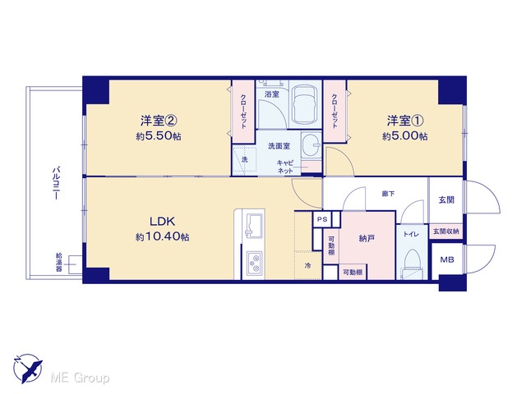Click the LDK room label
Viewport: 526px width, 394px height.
click(x=162, y=221)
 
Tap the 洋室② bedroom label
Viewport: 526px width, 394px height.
click(x=159, y=121)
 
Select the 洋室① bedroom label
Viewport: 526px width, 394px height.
click(x=405, y=121)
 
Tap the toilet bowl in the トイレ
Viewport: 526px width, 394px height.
click(x=412, y=263)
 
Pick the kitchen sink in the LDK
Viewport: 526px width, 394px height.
click(x=254, y=226)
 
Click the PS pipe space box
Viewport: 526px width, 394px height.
click(x=322, y=220)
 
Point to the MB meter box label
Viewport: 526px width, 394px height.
click(x=447, y=259)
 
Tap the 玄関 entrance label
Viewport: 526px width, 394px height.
click(x=446, y=200)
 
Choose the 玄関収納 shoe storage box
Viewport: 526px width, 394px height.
click(x=445, y=231)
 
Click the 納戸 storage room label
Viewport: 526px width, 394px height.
click(x=367, y=239)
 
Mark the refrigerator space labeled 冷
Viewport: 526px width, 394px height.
click(x=307, y=266)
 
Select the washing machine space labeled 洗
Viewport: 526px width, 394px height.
click(x=245, y=160)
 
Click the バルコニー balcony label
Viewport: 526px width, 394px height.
click(x=57, y=182)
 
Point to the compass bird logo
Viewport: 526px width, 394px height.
click(x=28, y=368)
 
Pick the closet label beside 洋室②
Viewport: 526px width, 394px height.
click(x=243, y=111)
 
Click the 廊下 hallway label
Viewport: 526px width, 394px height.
click(x=388, y=194)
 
